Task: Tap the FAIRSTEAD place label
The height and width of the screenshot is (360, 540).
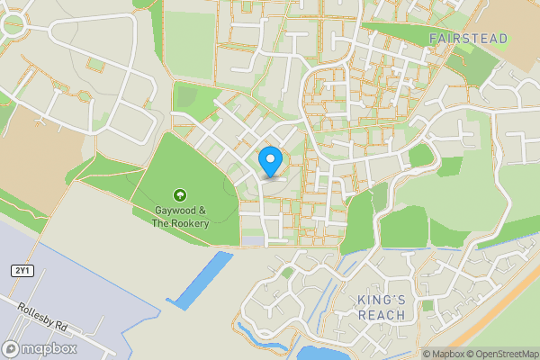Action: click(468, 39)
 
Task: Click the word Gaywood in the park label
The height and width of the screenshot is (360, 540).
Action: click(157, 211)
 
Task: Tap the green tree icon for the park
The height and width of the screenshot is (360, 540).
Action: click(180, 194)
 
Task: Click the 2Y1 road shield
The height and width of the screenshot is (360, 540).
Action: click(21, 271)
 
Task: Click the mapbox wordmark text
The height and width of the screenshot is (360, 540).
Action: click(46, 348)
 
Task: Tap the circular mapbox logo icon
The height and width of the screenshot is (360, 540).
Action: click(12, 348)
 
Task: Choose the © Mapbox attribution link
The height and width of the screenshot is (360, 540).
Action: click(447, 354)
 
